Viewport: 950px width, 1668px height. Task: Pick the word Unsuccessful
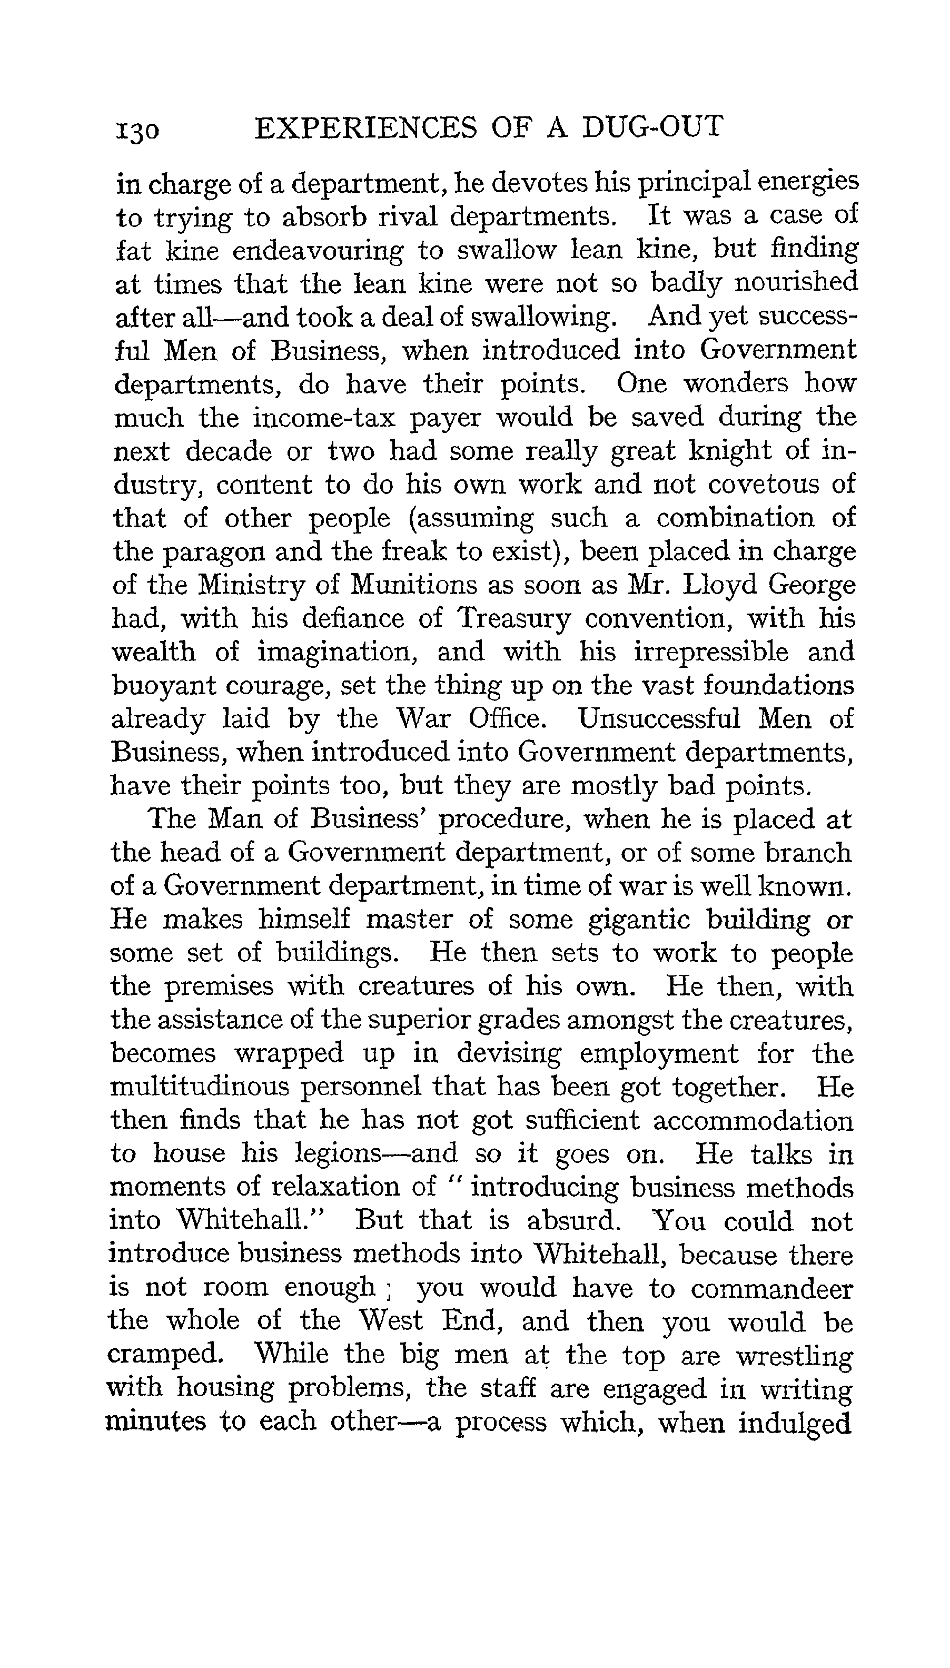[x=659, y=719]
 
